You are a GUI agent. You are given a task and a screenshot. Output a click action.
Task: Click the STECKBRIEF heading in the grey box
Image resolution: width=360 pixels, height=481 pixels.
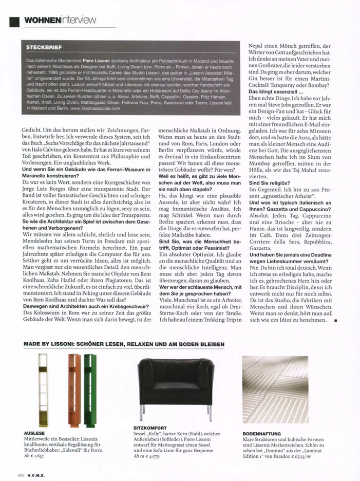tap(41, 47)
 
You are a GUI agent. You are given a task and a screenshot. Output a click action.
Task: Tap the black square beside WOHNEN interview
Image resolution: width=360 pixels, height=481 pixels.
tap(14, 21)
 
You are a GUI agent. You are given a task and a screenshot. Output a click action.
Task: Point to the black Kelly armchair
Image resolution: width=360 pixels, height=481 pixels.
tap(176, 382)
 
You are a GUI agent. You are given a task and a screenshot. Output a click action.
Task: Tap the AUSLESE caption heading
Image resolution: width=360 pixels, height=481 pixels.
tap(34, 433)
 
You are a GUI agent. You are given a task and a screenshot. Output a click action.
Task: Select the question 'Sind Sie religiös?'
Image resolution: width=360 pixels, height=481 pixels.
tap(269, 183)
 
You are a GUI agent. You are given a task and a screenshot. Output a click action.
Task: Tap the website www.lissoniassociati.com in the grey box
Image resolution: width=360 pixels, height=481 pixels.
tap(94, 109)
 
